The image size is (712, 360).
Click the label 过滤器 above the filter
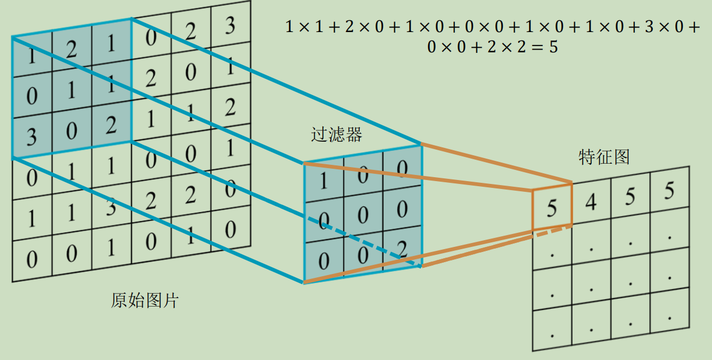336,134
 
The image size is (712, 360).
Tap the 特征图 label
603,157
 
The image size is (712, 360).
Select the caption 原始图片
145,300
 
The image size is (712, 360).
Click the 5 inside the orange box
552,209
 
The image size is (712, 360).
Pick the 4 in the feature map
591,201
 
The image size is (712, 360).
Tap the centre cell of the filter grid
363,214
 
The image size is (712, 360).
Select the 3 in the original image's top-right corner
229,25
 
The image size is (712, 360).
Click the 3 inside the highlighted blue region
31,137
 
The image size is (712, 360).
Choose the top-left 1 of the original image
29,58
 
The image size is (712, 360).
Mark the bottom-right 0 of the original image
229,230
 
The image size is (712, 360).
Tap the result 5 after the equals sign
553,47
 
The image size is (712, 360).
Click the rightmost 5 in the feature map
669,192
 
